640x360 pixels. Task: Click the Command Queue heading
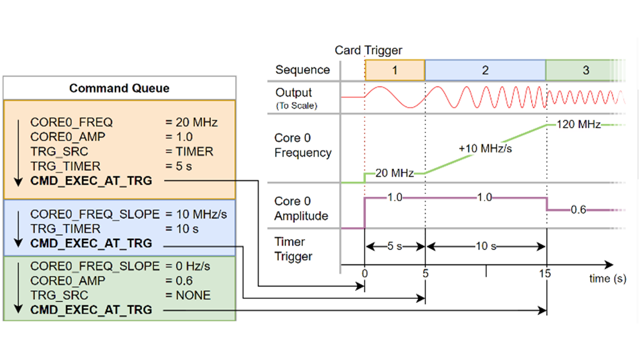[119, 88]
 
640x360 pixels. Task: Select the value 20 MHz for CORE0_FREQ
[196, 122]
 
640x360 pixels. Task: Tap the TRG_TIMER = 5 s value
[183, 166]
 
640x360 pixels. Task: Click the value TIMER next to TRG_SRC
[194, 151]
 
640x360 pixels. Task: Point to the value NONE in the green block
[193, 295]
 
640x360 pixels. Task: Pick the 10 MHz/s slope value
[201, 214]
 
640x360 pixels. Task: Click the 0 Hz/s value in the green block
[193, 266]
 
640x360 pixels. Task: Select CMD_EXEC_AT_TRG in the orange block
[91, 181]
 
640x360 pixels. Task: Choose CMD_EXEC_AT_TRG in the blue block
[91, 243]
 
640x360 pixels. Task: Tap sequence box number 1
[395, 70]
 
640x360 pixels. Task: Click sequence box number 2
[485, 70]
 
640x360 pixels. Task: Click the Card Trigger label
[368, 50]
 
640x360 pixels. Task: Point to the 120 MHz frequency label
[578, 124]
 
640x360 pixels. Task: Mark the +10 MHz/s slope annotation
[485, 148]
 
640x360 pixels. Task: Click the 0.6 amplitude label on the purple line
[578, 210]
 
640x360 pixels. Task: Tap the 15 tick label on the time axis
[545, 273]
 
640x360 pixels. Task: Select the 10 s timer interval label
[485, 246]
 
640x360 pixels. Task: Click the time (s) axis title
[607, 278]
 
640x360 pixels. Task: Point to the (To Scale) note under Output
[296, 105]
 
